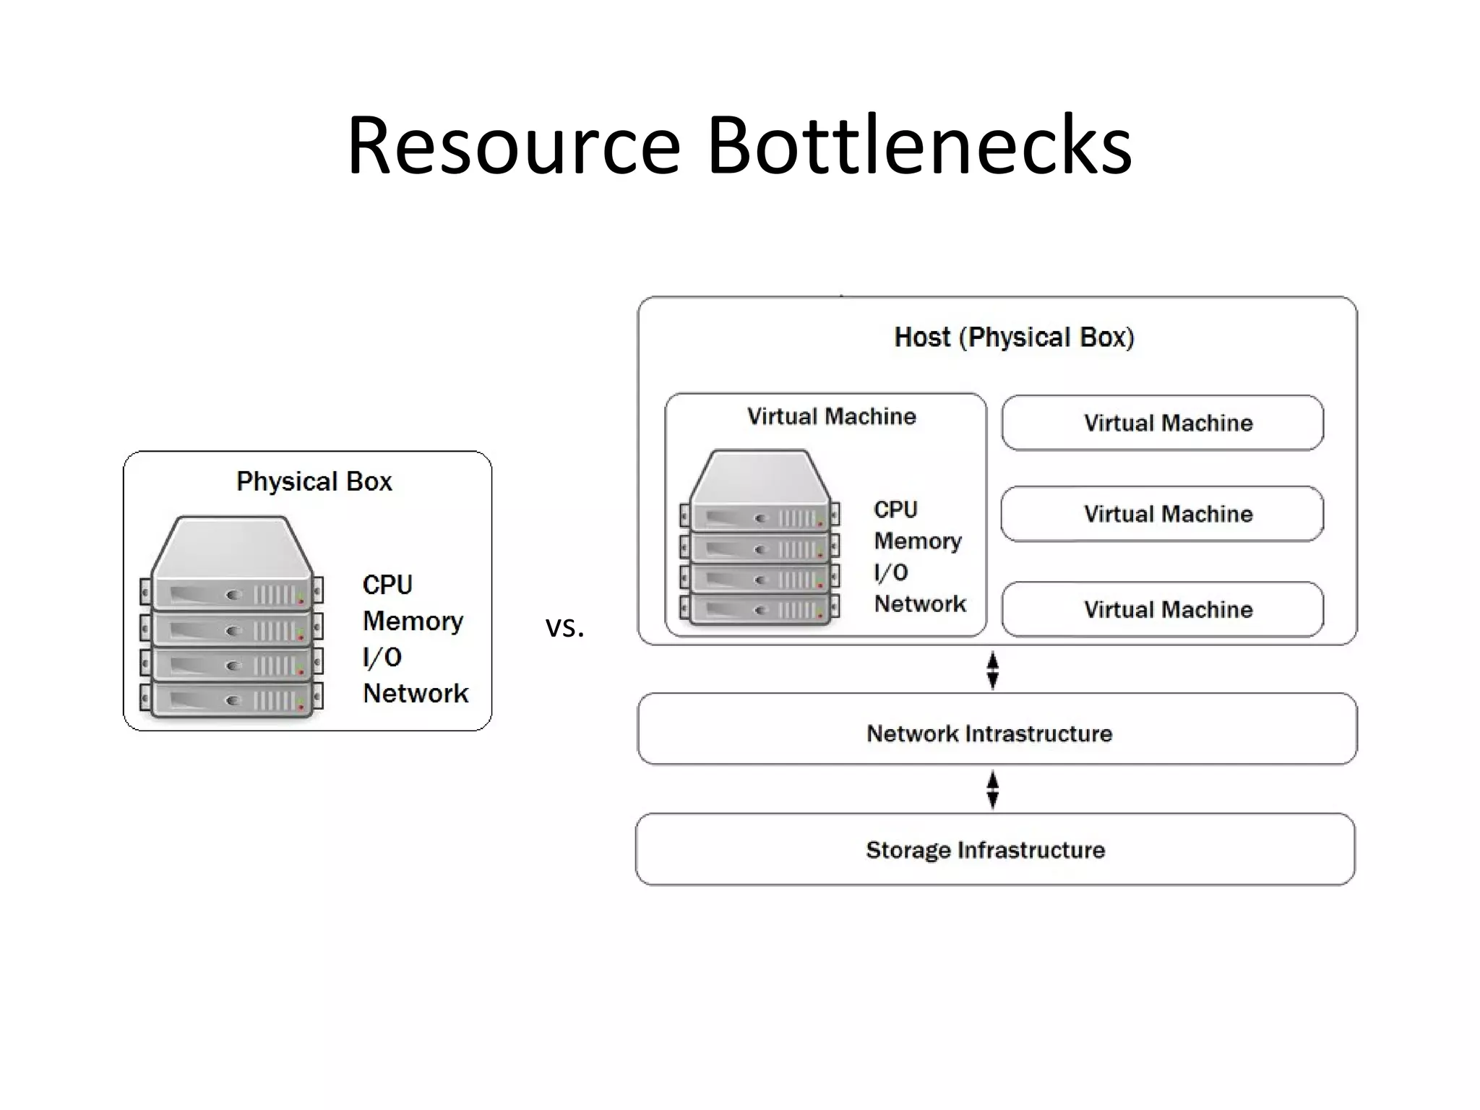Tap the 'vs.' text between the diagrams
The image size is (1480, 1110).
tap(564, 627)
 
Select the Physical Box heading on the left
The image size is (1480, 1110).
tap(314, 481)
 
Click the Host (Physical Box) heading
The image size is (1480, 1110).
tap(1014, 337)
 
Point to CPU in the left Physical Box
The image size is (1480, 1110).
tap(387, 585)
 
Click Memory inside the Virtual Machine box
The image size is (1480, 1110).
tap(918, 541)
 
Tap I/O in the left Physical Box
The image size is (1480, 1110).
tap(382, 657)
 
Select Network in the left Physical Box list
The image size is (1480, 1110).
tap(416, 693)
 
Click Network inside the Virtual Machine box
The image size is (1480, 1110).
tap(920, 603)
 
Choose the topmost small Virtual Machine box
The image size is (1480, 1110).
tap(1162, 423)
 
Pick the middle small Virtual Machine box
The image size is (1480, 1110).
tap(1162, 514)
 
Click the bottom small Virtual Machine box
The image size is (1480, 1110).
tap(1162, 609)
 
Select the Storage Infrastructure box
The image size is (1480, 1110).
tap(995, 849)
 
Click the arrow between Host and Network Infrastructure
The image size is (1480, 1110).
tap(992, 670)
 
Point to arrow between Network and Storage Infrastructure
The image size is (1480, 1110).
tap(992, 789)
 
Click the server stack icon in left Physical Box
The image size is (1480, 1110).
tap(231, 618)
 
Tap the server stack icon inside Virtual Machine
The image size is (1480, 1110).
tap(760, 538)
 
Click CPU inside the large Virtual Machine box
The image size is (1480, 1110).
tap(895, 509)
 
